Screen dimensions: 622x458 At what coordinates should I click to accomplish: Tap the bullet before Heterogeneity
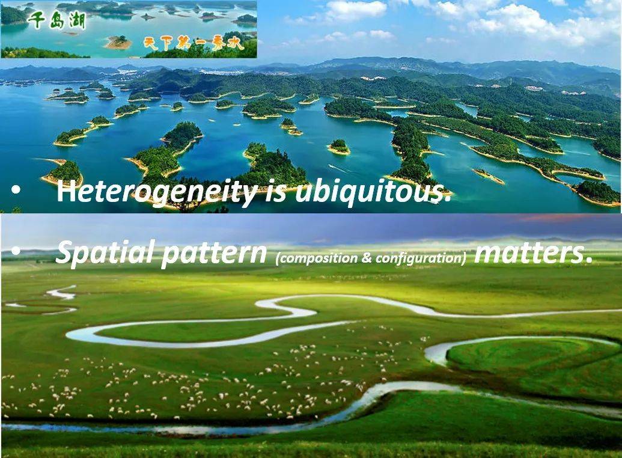click(16, 191)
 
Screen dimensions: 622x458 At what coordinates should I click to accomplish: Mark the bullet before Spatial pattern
click(16, 252)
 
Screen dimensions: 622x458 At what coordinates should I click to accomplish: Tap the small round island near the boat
click(339, 147)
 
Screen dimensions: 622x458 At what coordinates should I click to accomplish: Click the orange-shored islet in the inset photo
click(118, 42)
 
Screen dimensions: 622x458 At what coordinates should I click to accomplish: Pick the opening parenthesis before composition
click(277, 259)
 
